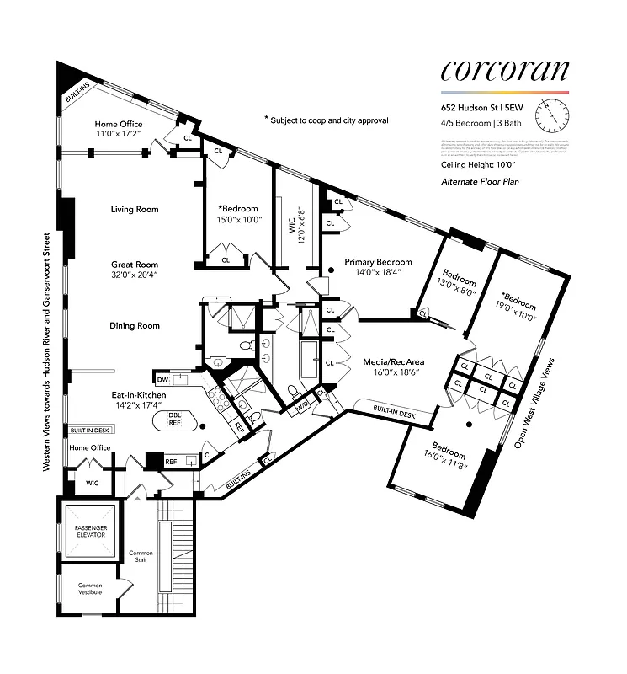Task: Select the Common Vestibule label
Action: pos(90,589)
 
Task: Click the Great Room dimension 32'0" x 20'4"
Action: pos(135,274)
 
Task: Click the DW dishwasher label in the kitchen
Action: pos(162,379)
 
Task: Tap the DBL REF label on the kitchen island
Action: pos(175,419)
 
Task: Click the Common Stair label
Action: pos(141,557)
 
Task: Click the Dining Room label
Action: pos(135,326)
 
